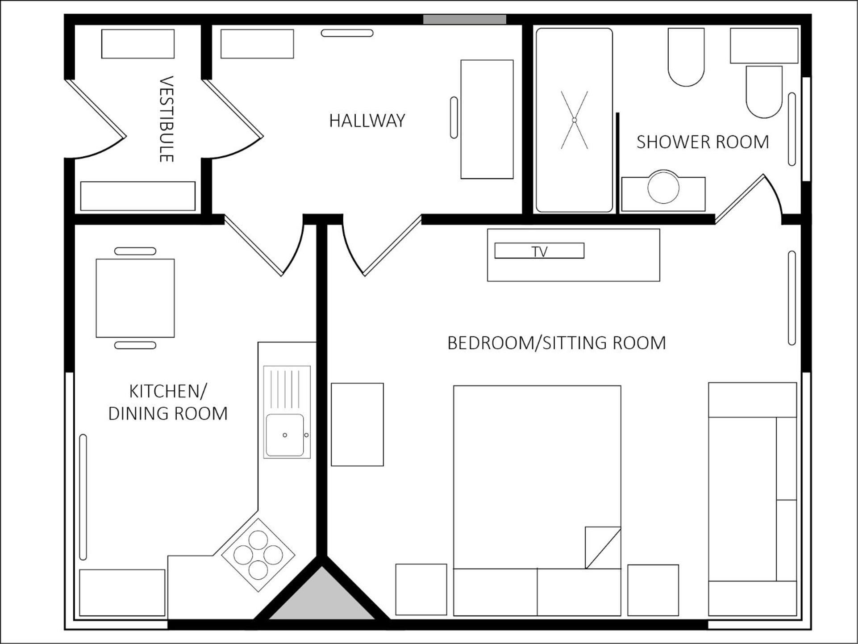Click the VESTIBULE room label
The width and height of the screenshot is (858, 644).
(x=167, y=119)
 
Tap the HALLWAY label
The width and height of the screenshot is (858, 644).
(x=367, y=121)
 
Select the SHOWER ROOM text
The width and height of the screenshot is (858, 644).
(x=703, y=142)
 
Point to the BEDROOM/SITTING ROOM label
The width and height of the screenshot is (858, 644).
(x=557, y=343)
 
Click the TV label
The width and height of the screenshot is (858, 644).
(x=539, y=251)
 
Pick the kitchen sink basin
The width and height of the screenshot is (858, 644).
(x=285, y=435)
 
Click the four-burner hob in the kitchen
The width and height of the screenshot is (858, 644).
(x=258, y=555)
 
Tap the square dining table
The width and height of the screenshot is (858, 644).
(x=135, y=298)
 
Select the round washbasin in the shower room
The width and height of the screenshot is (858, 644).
(x=663, y=187)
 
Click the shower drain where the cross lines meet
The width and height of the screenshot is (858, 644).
(x=575, y=120)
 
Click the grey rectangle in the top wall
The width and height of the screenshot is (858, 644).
(x=465, y=20)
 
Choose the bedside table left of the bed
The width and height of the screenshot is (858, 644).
(x=421, y=590)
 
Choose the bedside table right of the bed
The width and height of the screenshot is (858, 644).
(x=653, y=590)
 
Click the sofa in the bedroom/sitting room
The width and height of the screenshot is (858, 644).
(x=753, y=499)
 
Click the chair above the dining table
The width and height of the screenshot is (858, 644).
(x=135, y=251)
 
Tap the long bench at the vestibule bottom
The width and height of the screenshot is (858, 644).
(x=138, y=196)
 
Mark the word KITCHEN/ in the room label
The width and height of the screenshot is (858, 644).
(x=168, y=391)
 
